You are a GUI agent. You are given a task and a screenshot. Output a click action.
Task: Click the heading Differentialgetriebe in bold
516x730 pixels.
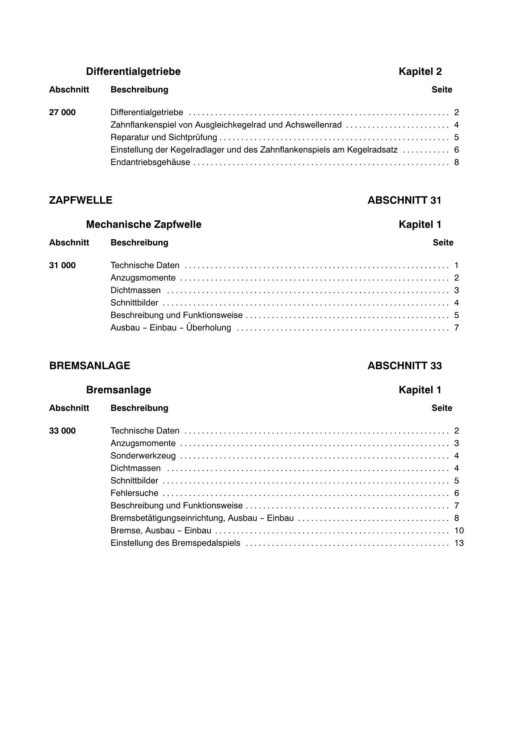point(133,72)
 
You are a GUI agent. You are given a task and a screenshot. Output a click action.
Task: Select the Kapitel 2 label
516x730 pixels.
point(420,72)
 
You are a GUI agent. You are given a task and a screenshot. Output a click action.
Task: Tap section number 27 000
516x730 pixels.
point(62,112)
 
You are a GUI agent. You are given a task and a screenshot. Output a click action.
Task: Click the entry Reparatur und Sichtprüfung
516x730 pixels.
point(164,137)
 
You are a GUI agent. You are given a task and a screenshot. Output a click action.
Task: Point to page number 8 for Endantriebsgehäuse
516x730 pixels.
point(457,162)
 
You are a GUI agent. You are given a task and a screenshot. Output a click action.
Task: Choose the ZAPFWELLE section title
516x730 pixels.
point(81,200)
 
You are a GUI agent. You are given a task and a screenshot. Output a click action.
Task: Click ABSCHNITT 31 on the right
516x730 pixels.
point(404,200)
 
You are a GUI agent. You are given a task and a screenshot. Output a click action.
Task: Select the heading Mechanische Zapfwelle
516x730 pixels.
point(143,225)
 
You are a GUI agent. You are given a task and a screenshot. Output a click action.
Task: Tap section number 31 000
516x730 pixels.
point(62,265)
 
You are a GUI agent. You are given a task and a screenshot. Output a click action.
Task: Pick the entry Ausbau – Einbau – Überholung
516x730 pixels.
point(170,328)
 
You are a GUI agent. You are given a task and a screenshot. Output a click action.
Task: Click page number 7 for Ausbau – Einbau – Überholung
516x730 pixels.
point(457,328)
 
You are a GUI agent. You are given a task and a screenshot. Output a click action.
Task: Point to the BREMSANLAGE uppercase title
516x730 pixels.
point(89,366)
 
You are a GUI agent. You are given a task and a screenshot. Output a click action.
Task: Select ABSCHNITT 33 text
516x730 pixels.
point(405,366)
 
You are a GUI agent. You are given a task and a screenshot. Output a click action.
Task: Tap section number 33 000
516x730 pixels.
point(62,431)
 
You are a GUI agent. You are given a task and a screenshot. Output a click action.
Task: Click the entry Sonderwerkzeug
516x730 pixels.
point(143,456)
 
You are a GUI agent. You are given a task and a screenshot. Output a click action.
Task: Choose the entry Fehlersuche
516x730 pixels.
point(134,493)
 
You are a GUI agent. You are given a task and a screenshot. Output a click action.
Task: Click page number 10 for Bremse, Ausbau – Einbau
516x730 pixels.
point(459,531)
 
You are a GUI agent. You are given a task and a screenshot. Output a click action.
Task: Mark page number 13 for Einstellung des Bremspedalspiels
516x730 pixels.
point(459,543)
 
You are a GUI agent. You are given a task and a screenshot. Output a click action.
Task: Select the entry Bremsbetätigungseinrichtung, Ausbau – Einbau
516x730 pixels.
point(202,518)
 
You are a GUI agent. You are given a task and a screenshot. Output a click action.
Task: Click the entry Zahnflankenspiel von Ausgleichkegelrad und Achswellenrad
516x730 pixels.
point(226,125)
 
